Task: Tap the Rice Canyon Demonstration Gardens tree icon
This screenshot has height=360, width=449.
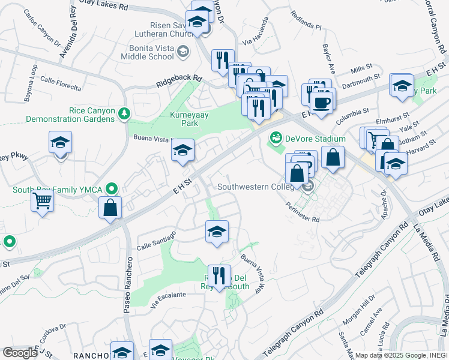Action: pyautogui.click(x=124, y=112)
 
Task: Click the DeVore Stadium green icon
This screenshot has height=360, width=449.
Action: pyautogui.click(x=276, y=138)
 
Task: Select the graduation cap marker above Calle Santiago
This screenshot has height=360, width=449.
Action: pyautogui.click(x=217, y=232)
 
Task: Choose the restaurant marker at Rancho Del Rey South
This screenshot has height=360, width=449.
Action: pyautogui.click(x=219, y=276)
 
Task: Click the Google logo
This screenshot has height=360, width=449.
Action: pyautogui.click(x=20, y=352)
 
